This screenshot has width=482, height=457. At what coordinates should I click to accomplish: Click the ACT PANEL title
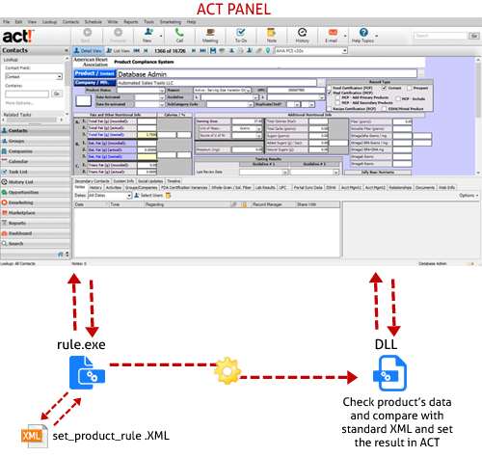click(240, 11)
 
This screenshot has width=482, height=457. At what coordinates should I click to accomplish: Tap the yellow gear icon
click(229, 370)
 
